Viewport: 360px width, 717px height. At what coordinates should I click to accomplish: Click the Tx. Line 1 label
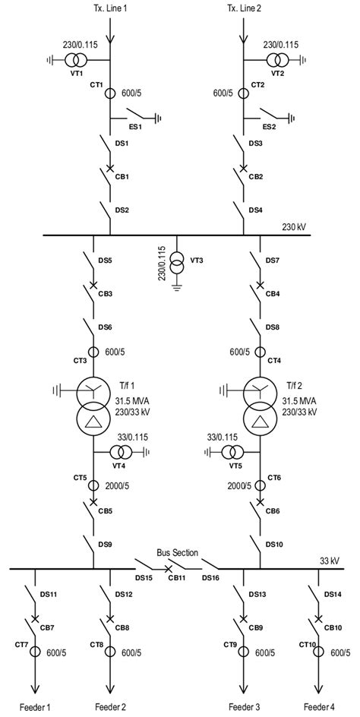[111, 7]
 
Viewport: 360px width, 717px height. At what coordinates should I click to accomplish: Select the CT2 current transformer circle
[244, 93]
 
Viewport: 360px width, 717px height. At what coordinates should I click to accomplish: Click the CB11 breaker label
[176, 579]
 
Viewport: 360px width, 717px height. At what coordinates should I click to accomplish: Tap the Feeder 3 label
[244, 706]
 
